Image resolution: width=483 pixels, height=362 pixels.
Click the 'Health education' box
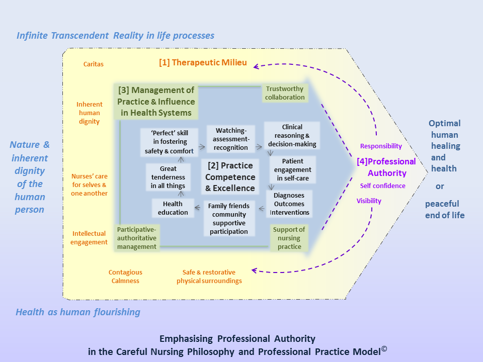pyautogui.click(x=173, y=208)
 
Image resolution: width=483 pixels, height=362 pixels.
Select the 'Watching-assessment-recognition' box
pyautogui.click(x=231, y=139)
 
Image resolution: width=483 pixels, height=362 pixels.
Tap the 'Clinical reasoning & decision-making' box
pyautogui.click(x=292, y=136)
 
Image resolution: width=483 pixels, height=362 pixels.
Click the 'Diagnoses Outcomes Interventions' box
pyautogui.click(x=289, y=204)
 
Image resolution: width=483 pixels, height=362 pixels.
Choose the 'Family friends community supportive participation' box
pyautogui.click(x=229, y=218)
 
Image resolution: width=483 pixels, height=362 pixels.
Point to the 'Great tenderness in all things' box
pyautogui.click(x=168, y=177)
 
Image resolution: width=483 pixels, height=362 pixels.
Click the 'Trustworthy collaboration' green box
pyautogui.click(x=285, y=93)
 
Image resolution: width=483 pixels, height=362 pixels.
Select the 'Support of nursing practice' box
pyautogui.click(x=289, y=238)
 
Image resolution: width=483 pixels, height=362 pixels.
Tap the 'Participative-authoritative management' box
pyautogui.click(x=137, y=238)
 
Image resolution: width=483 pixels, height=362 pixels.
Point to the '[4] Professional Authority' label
pyautogui.click(x=386, y=167)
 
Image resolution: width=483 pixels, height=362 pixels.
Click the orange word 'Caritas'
pyautogui.click(x=94, y=64)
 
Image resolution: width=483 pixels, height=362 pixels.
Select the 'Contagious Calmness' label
pyautogui.click(x=125, y=277)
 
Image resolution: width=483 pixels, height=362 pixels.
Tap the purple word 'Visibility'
pyautogui.click(x=369, y=201)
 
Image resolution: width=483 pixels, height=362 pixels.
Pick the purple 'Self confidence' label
pyautogui.click(x=382, y=186)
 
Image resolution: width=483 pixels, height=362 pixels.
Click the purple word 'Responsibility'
pyautogui.click(x=381, y=146)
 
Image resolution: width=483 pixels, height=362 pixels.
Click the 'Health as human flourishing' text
pyautogui.click(x=78, y=312)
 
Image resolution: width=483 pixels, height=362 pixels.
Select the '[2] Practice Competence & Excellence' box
pyautogui.click(x=230, y=177)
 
